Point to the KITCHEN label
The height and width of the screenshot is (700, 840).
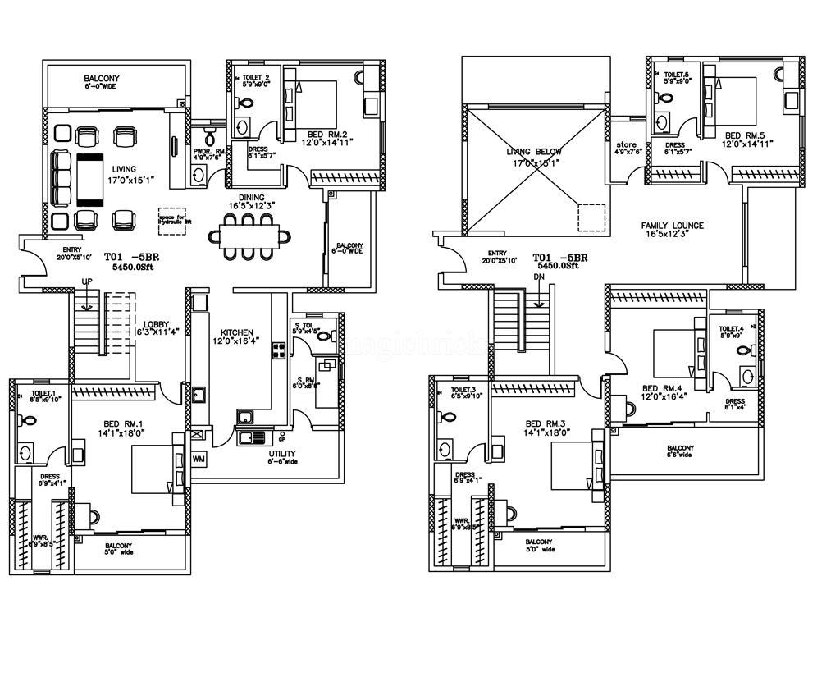click(x=231, y=332)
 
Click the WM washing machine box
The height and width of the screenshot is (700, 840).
click(x=199, y=459)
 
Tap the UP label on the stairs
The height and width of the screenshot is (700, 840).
click(x=86, y=283)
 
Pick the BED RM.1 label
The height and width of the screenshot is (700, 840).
click(x=123, y=424)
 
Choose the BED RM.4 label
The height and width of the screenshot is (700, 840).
click(x=662, y=388)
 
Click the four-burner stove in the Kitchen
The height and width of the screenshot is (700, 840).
click(x=279, y=350)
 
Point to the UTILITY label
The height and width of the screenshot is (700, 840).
click(x=281, y=454)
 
